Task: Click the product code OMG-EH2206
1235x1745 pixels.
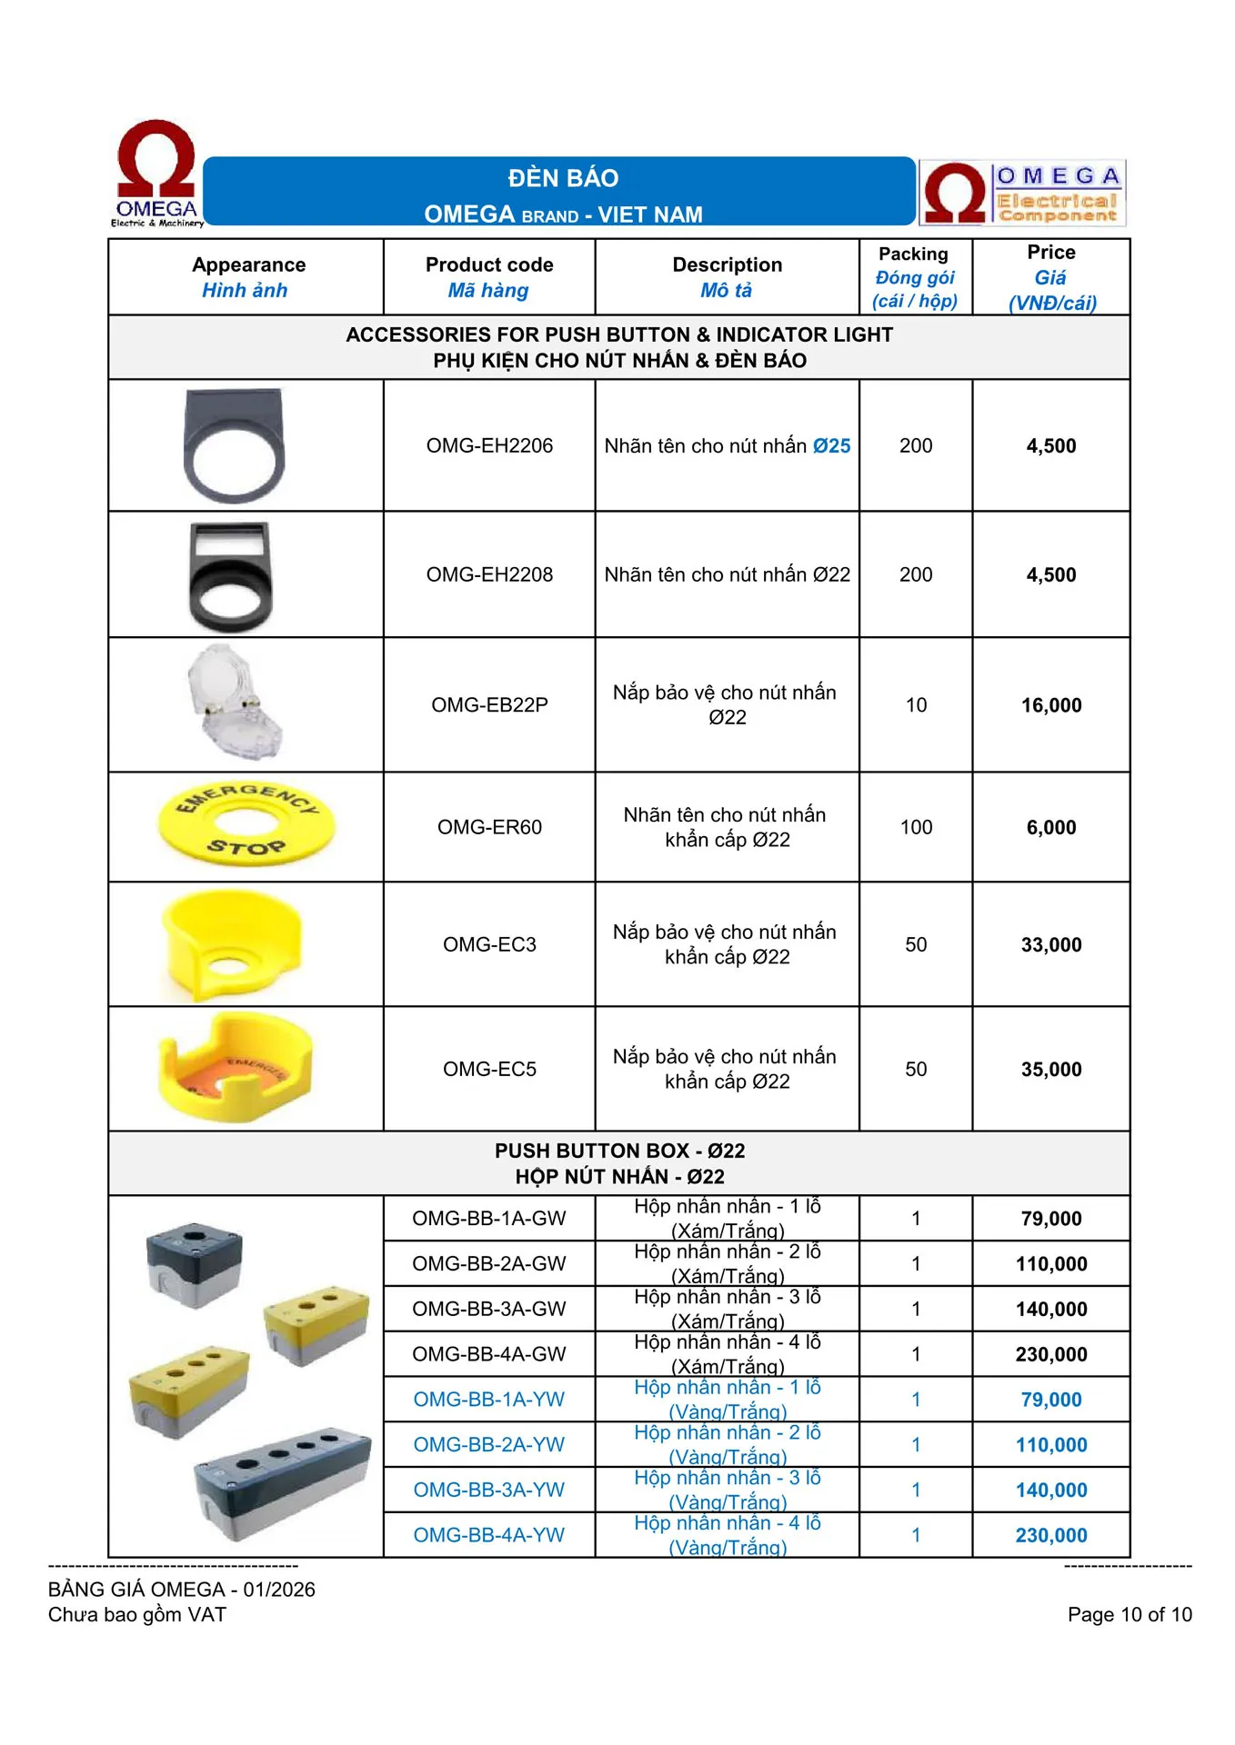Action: (x=489, y=446)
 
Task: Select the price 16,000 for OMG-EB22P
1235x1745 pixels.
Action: (x=1050, y=705)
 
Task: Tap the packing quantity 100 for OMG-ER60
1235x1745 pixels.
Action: (x=916, y=827)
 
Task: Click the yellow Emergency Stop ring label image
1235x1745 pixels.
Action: (x=246, y=824)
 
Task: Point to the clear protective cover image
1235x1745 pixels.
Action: (x=234, y=702)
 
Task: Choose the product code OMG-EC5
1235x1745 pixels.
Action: (x=489, y=1070)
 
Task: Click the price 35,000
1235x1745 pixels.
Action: (x=1050, y=1070)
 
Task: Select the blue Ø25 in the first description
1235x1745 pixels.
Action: (x=831, y=446)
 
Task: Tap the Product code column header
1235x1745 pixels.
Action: (x=489, y=276)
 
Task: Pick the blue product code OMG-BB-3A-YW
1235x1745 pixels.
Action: (x=489, y=1490)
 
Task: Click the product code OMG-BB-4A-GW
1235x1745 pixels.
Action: (x=489, y=1354)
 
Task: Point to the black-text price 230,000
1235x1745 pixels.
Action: (x=1050, y=1354)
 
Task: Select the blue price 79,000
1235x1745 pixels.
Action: (x=1050, y=1400)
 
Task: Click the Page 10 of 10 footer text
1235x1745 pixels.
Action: (x=1129, y=1614)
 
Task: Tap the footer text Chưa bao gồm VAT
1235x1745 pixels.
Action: (x=137, y=1614)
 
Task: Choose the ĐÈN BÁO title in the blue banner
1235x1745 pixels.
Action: (x=563, y=178)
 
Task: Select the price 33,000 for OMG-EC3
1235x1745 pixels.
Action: (x=1050, y=945)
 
